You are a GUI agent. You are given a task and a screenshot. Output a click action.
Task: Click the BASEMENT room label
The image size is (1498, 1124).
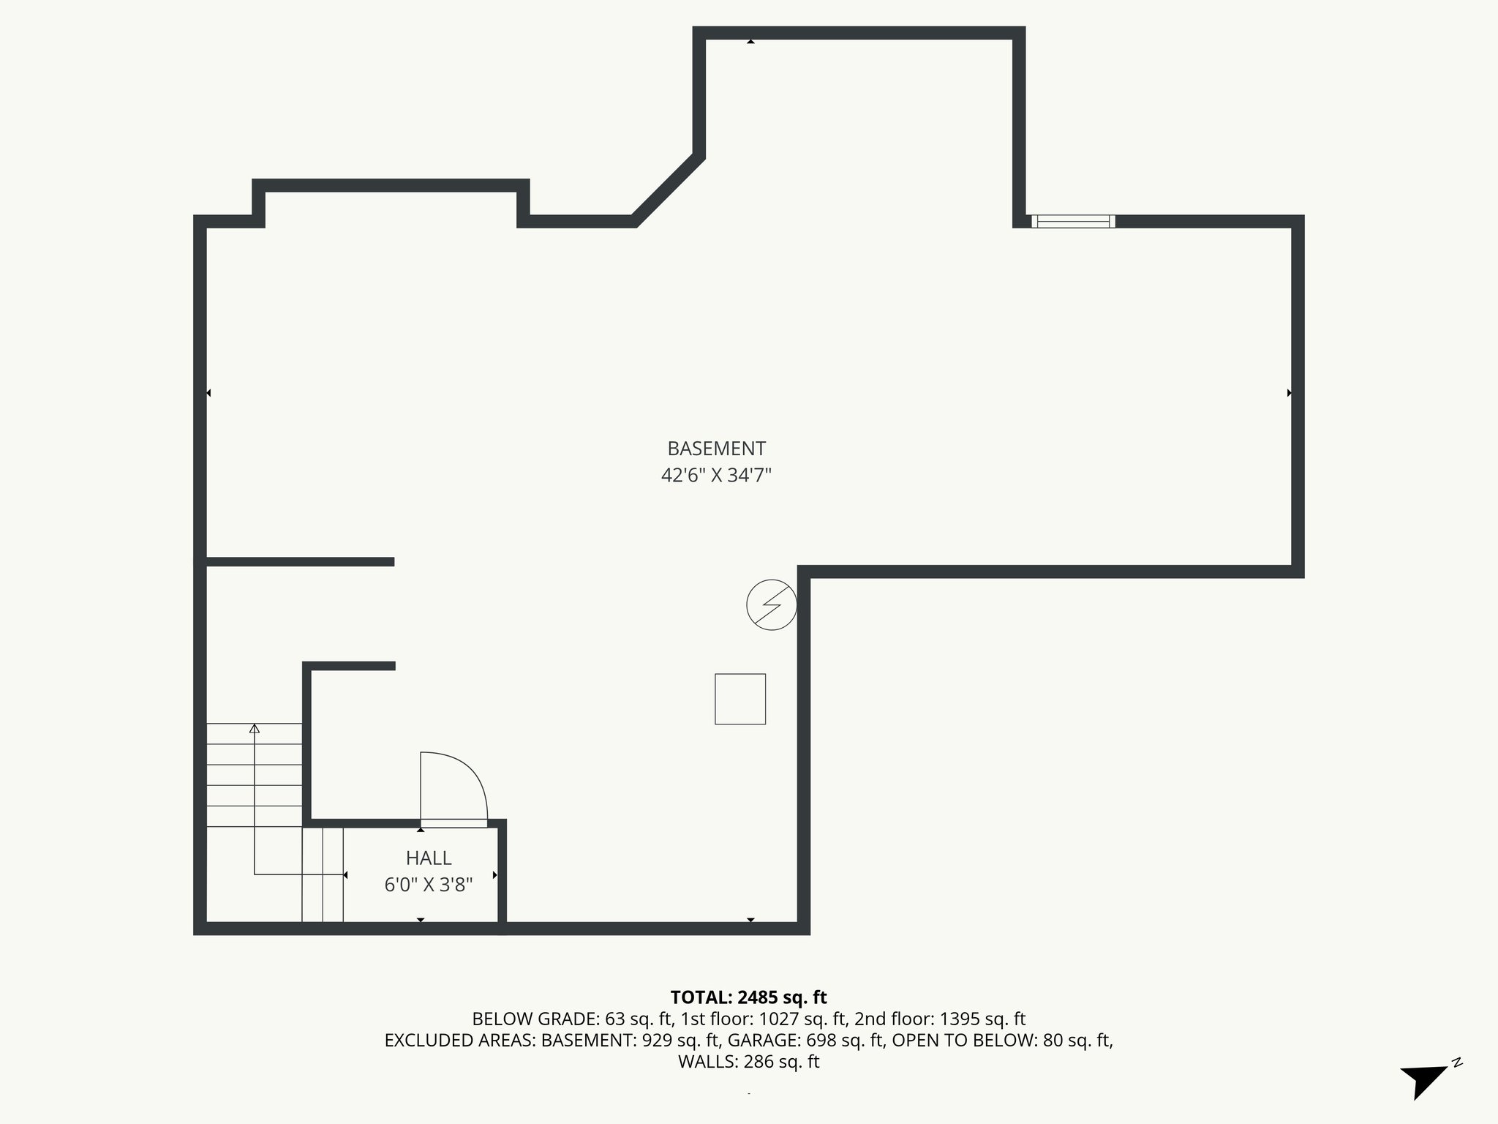[x=716, y=448]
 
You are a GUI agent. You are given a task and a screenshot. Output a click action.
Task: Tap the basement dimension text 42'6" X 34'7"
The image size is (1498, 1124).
[x=716, y=476]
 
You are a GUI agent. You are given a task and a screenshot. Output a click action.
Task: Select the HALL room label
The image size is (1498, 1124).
[x=429, y=858]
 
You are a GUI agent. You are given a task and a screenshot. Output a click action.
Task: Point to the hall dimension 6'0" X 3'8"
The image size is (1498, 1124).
[x=429, y=885]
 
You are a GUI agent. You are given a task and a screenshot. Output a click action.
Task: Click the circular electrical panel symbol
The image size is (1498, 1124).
[x=771, y=605]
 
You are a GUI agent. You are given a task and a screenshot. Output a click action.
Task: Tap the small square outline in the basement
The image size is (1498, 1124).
[x=740, y=699]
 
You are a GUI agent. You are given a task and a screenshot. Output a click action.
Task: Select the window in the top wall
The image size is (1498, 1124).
[x=1073, y=221]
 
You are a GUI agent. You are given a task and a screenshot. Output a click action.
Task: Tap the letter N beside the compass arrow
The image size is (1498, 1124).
[x=1457, y=1063]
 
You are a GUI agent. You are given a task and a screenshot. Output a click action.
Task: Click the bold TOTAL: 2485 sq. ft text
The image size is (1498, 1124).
[x=748, y=997]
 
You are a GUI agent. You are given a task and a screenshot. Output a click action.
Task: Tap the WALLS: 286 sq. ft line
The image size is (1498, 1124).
[x=748, y=1062]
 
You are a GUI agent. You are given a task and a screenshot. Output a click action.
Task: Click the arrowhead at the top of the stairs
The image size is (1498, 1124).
[x=255, y=728]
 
